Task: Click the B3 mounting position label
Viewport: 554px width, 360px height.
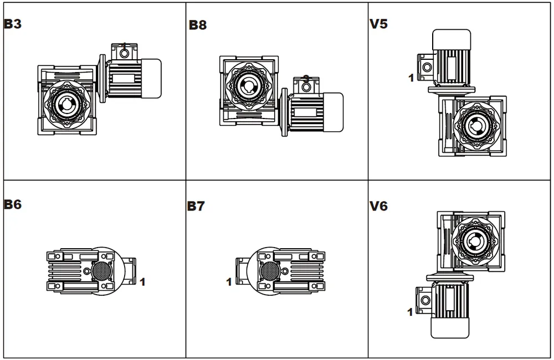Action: (x=13, y=24)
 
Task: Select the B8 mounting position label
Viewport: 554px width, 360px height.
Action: (x=197, y=25)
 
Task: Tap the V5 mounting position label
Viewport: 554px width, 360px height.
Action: (x=378, y=24)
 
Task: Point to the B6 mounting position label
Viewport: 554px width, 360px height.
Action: (x=13, y=204)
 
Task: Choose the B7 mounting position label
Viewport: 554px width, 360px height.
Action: (x=196, y=206)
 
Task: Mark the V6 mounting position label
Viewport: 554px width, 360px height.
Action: (x=378, y=206)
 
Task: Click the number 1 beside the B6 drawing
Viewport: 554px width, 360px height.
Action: (x=142, y=282)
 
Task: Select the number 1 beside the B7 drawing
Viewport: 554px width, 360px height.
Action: (x=229, y=282)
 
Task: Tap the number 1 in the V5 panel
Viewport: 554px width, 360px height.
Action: (x=411, y=78)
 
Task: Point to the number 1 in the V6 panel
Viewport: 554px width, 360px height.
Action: (x=410, y=312)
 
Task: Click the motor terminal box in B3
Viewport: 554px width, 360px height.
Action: (x=124, y=52)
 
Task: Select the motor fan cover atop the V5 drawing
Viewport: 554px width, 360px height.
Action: (x=452, y=40)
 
